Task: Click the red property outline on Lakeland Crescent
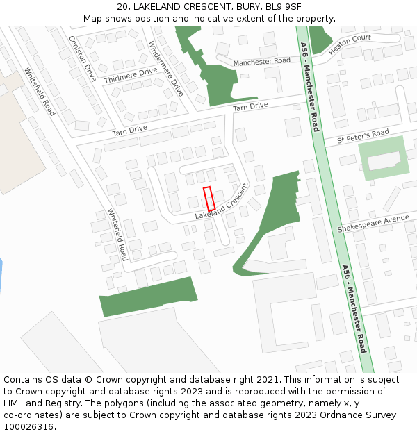coord(208,199)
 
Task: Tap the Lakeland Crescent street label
coord(221,202)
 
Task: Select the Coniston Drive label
coord(82,58)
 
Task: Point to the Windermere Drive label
coord(166,68)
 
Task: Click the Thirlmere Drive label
coord(131,76)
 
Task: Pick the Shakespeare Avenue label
coord(373,224)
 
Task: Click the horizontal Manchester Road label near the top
coord(261,62)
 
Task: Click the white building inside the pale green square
coord(384,161)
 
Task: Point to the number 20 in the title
coord(123,7)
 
